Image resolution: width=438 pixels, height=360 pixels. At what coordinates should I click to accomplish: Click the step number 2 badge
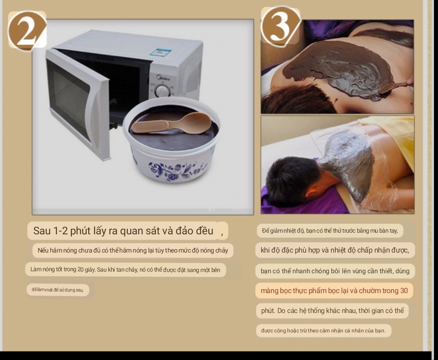pyautogui.click(x=27, y=31)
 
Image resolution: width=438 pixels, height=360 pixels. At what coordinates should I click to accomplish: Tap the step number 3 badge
pyautogui.click(x=281, y=26)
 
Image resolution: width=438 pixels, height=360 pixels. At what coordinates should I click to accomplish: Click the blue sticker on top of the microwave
pyautogui.click(x=161, y=52)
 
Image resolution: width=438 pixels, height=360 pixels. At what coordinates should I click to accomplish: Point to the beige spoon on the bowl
pyautogui.click(x=172, y=123)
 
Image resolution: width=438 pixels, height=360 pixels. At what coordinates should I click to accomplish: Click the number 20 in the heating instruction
pyautogui.click(x=80, y=270)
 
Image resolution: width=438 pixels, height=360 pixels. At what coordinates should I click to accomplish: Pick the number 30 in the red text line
pyautogui.click(x=404, y=291)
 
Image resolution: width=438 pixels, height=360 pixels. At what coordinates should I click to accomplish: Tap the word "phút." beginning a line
pyautogui.click(x=268, y=311)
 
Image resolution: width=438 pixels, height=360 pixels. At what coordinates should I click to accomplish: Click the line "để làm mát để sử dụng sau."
pyautogui.click(x=58, y=289)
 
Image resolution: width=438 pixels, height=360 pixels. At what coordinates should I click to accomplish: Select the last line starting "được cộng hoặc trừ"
pyautogui.click(x=323, y=331)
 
